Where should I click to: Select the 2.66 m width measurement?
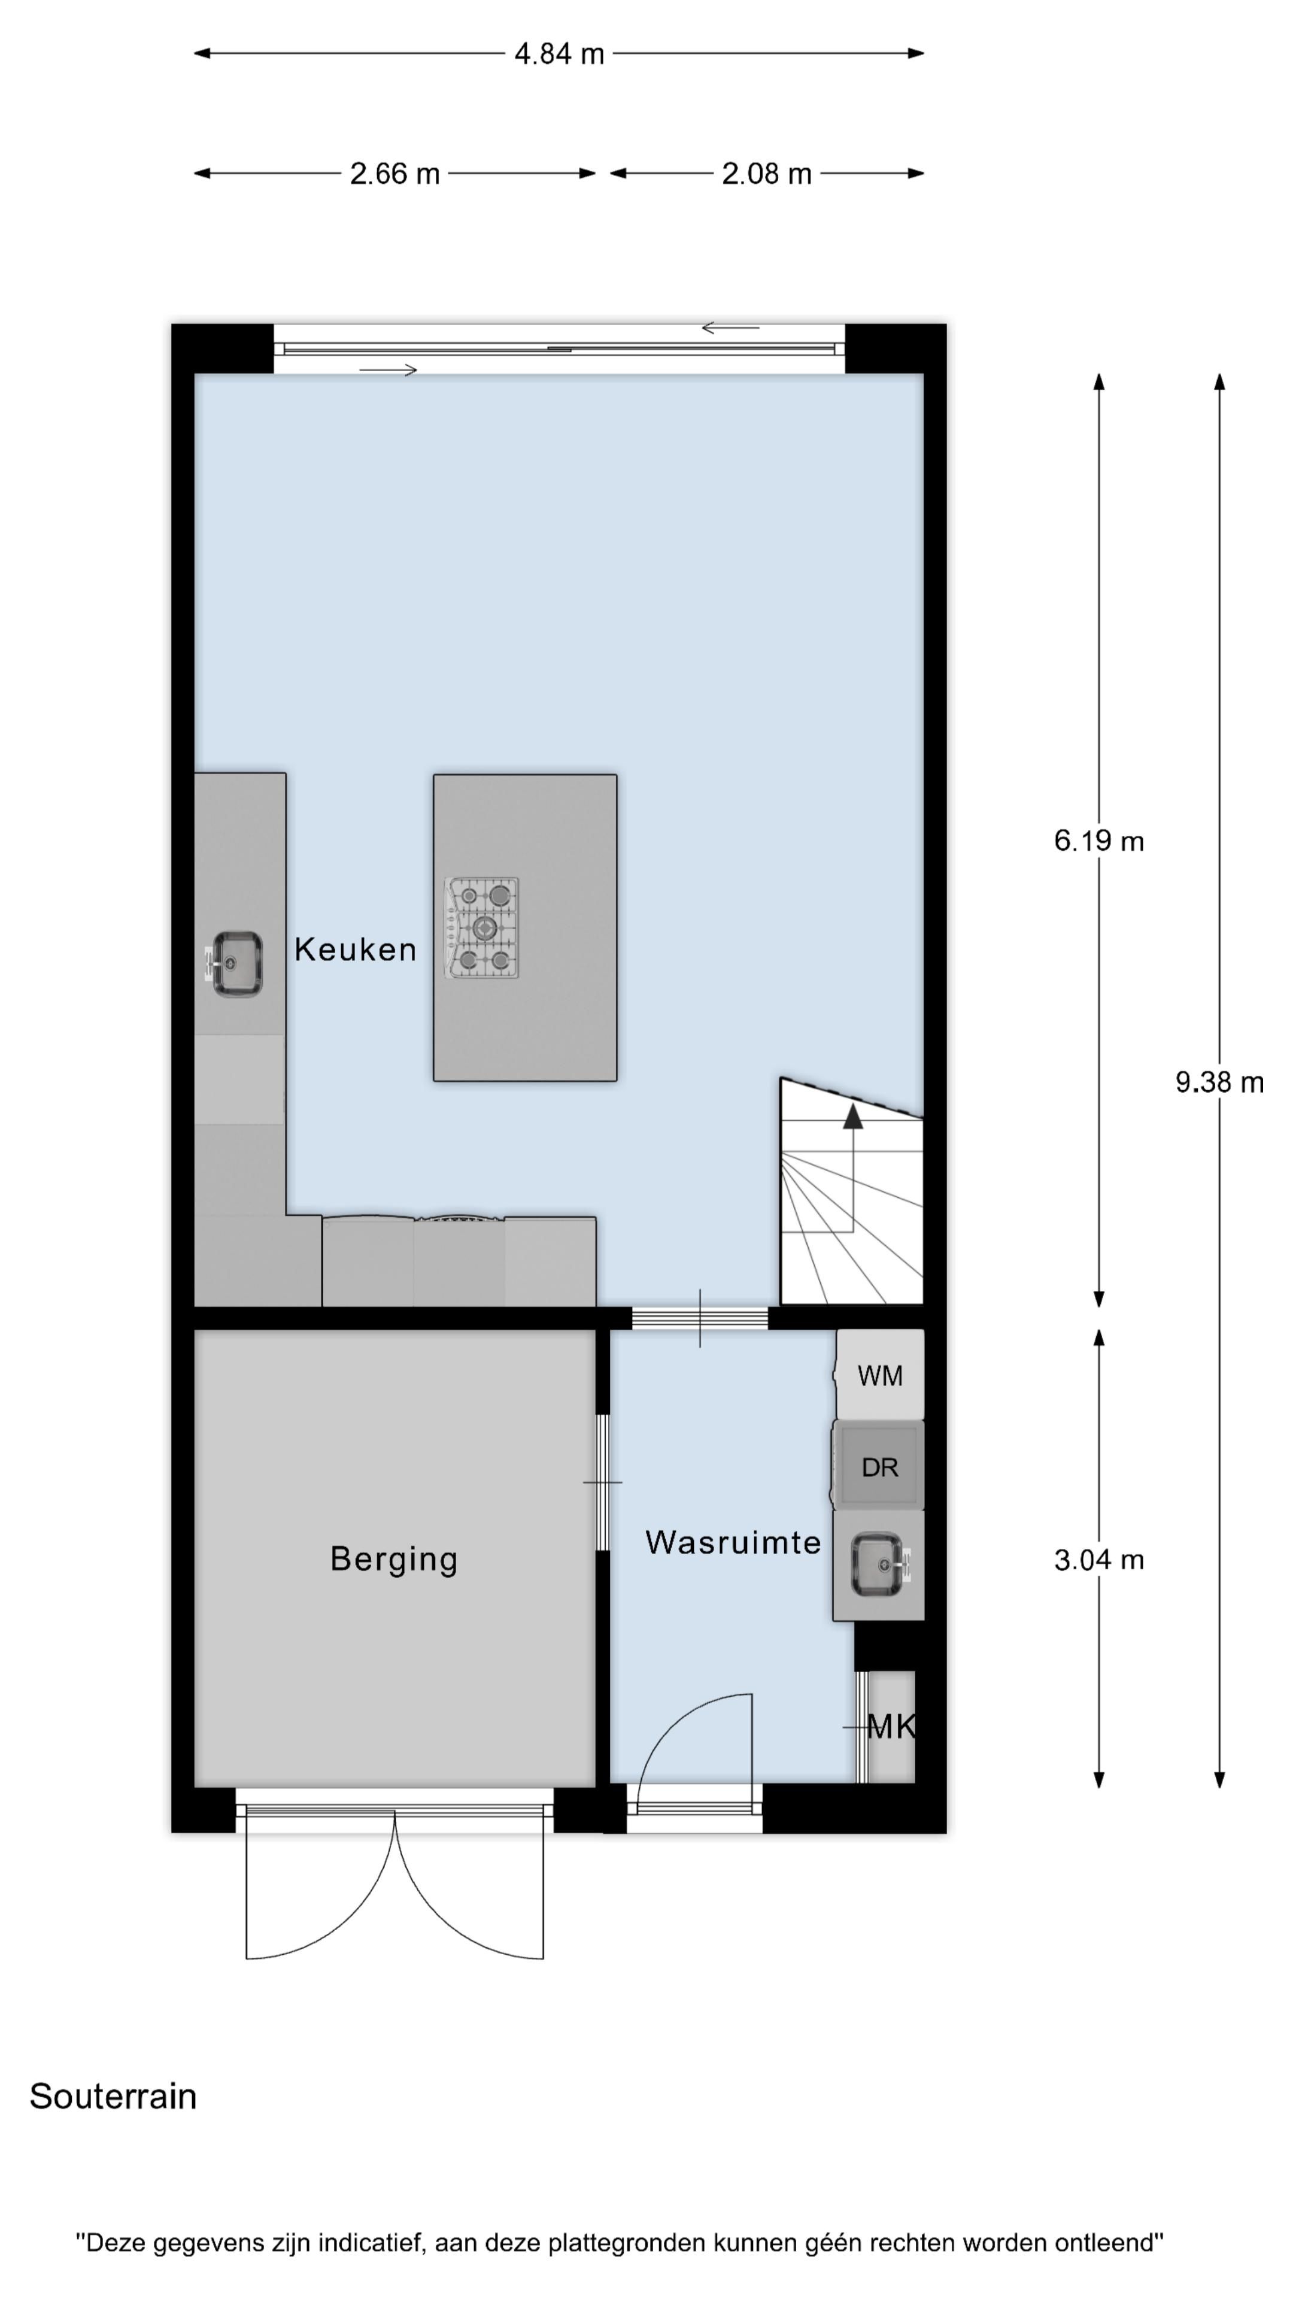(x=394, y=174)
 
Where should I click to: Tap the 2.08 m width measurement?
(x=766, y=174)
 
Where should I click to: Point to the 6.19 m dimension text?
(x=1098, y=841)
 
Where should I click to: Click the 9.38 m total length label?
(x=1218, y=1082)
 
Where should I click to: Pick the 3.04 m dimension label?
(x=1098, y=1560)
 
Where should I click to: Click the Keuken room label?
(x=355, y=950)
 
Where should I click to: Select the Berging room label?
(x=393, y=1559)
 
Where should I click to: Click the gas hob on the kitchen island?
(x=482, y=928)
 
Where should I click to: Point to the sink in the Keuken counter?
(x=236, y=964)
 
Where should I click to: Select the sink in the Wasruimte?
(x=879, y=1564)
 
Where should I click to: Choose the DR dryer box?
(x=879, y=1467)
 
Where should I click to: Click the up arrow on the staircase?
(x=852, y=1117)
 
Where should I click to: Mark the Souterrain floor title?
(x=113, y=2097)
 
